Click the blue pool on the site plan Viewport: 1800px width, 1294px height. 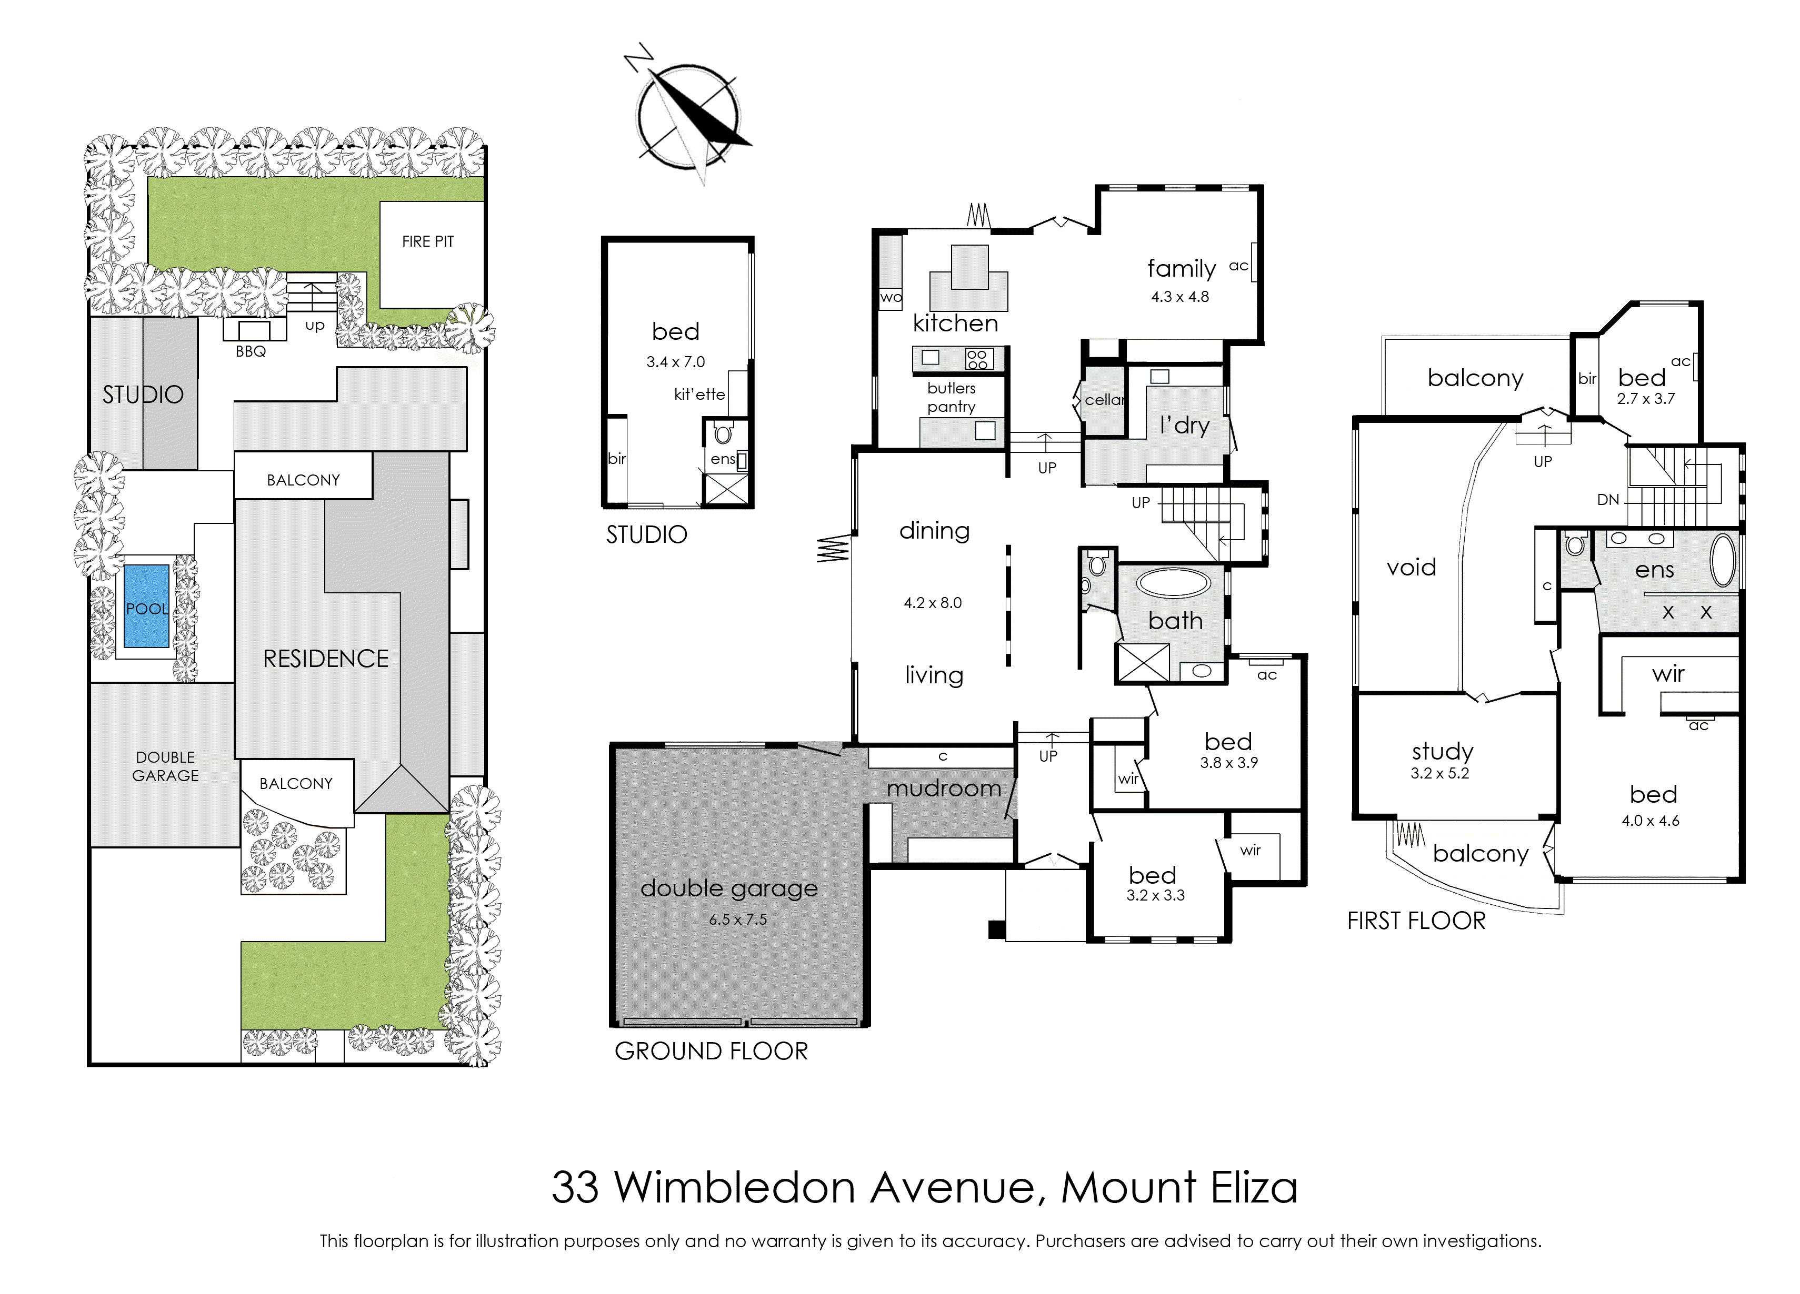tap(147, 606)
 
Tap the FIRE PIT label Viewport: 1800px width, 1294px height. tap(428, 241)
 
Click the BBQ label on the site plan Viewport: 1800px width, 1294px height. tap(251, 351)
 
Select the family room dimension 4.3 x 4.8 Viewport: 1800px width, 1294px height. tap(1179, 297)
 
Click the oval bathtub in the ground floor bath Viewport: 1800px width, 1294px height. tap(1173, 584)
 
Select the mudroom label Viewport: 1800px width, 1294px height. tap(944, 788)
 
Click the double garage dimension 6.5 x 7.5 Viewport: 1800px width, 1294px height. tap(737, 919)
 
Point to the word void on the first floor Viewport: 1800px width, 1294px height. tap(1411, 567)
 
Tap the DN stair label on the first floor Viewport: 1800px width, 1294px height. tap(1608, 500)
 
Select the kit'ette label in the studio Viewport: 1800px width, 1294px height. tap(698, 395)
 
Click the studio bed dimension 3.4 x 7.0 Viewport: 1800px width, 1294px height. tap(675, 362)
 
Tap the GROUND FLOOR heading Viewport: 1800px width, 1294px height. tap(711, 1051)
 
